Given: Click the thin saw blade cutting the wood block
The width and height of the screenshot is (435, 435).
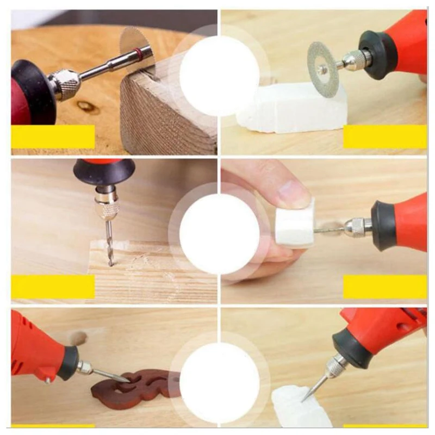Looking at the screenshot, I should (136, 46).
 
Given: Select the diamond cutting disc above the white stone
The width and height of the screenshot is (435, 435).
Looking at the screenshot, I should (322, 69).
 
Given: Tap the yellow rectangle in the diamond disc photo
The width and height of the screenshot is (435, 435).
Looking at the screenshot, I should (385, 136).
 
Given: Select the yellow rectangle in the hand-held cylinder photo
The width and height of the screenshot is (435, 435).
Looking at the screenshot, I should (385, 287).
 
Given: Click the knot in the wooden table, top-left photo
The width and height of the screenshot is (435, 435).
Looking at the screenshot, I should (87, 106).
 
